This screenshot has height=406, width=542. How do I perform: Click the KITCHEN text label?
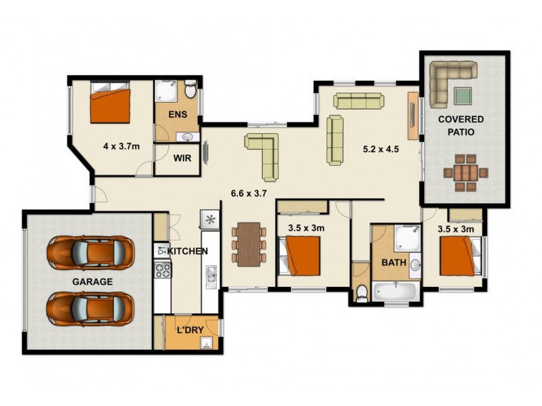click(x=187, y=251)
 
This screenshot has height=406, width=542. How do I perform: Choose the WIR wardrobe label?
click(x=182, y=160)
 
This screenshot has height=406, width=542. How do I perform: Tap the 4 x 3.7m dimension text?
click(x=121, y=145)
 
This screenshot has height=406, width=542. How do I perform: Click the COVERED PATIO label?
click(x=460, y=126)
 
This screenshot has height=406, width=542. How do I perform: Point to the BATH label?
click(x=394, y=261)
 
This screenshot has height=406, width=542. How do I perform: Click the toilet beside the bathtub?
click(x=361, y=292)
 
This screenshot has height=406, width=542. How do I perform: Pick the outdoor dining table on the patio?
click(x=467, y=172)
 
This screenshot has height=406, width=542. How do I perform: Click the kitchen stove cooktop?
click(x=163, y=270)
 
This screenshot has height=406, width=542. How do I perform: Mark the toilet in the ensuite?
click(x=191, y=91)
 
